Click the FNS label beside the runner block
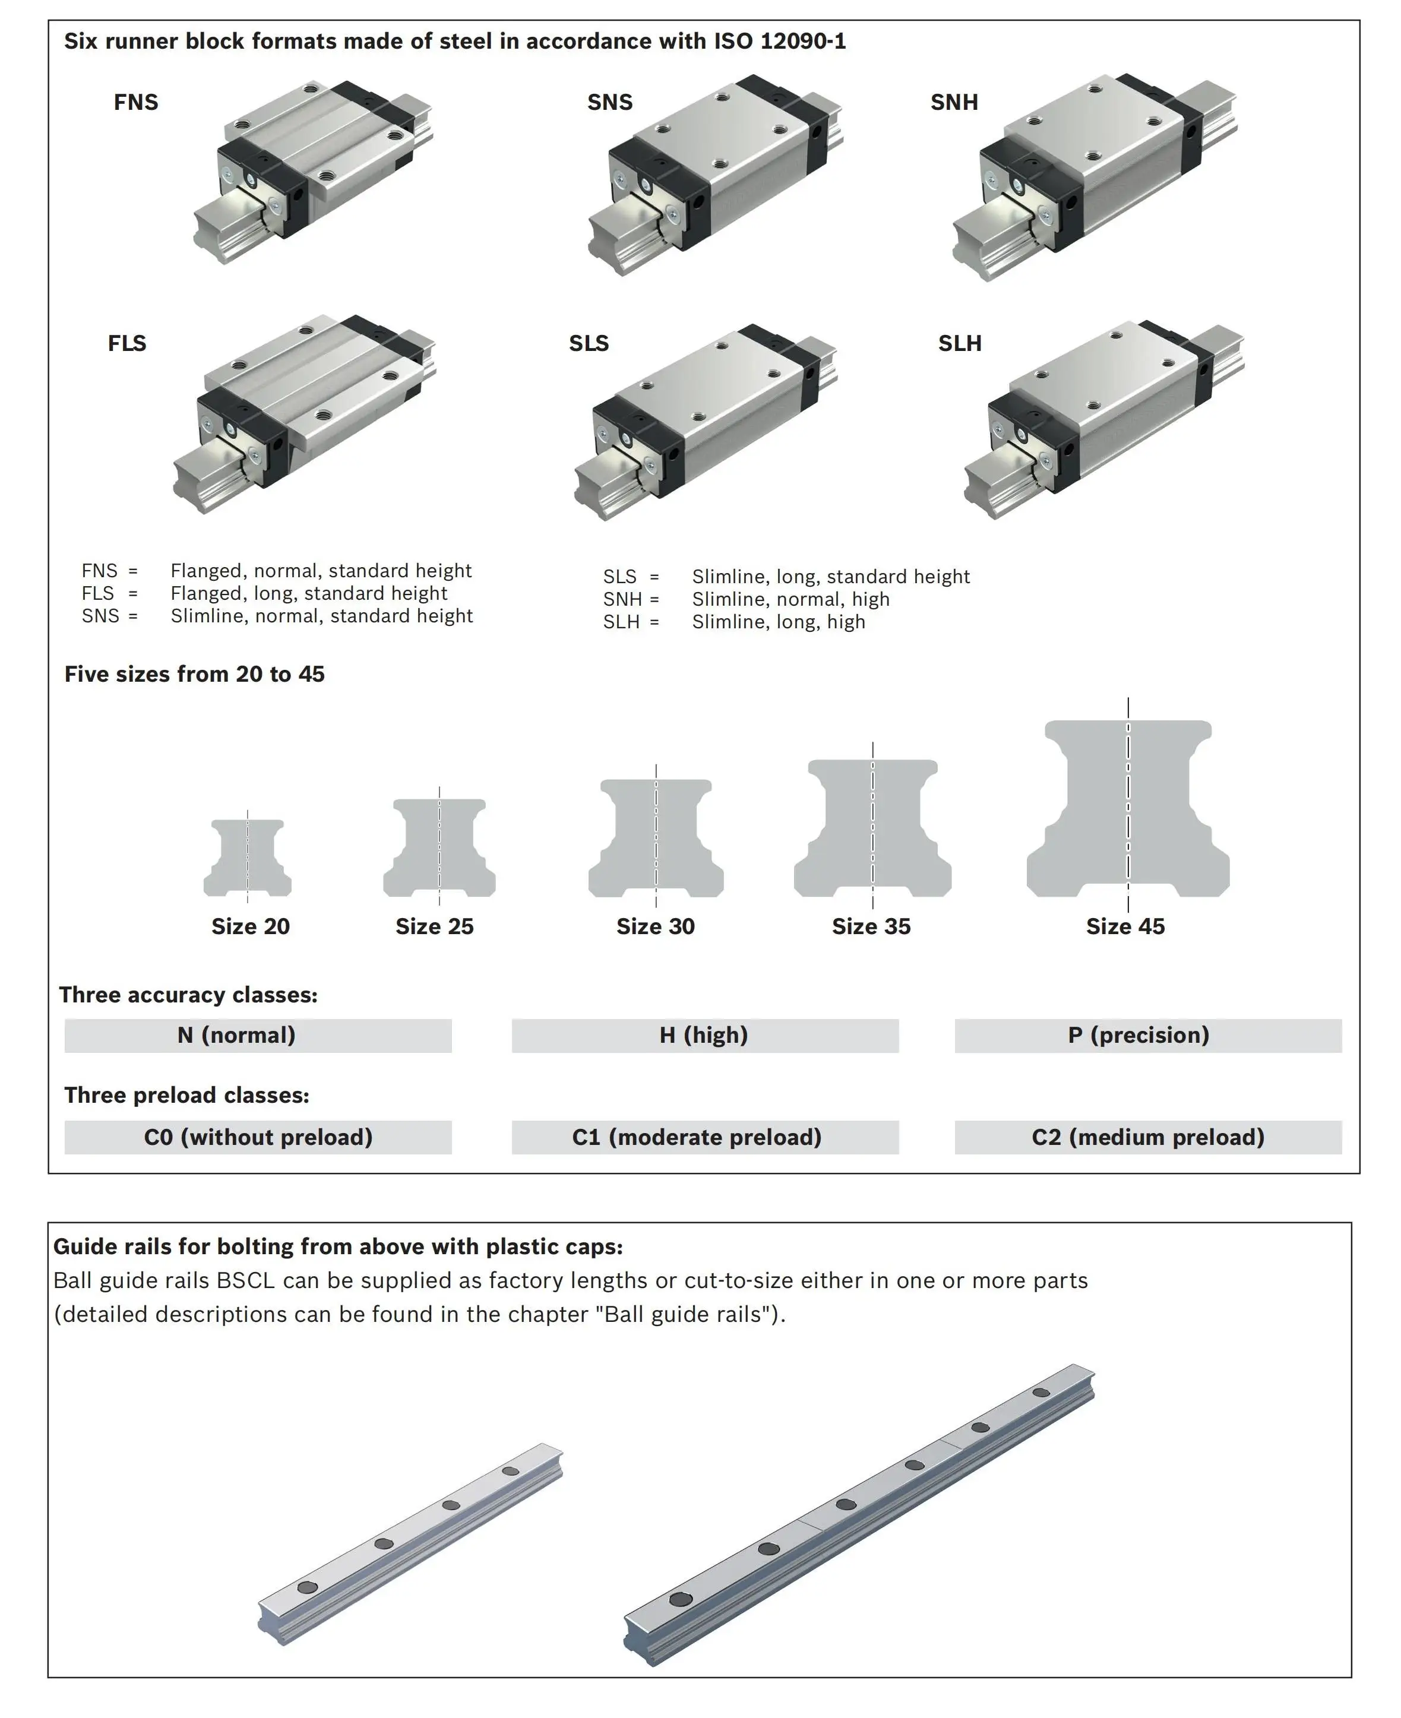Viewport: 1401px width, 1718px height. pyautogui.click(x=135, y=103)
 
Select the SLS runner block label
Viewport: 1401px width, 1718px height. pyautogui.click(x=589, y=344)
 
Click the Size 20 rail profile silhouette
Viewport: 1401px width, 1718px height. pyautogui.click(x=248, y=857)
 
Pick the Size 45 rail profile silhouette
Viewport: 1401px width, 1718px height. pyautogui.click(x=1127, y=809)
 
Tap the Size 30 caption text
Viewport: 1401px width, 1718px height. pyautogui.click(x=654, y=926)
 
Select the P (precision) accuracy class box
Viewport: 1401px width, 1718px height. pyautogui.click(x=1147, y=1035)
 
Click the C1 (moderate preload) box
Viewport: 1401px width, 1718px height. pyautogui.click(x=704, y=1137)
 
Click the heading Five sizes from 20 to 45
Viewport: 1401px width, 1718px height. pyautogui.click(x=194, y=674)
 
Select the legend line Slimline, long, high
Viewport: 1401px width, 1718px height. pyautogui.click(x=778, y=622)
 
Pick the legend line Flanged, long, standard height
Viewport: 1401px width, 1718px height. pyautogui.click(x=308, y=593)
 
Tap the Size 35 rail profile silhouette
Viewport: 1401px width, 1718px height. pyautogui.click(x=872, y=827)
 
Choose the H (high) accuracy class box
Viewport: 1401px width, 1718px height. pyautogui.click(x=704, y=1035)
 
